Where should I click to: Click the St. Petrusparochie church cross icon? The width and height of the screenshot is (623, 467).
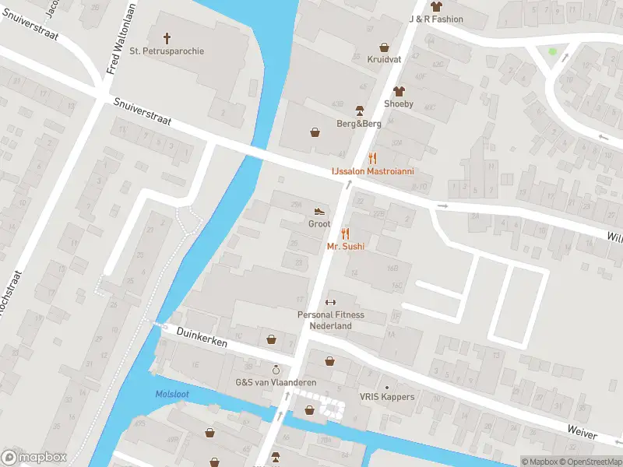point(167,37)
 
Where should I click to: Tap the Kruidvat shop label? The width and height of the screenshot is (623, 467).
point(383,58)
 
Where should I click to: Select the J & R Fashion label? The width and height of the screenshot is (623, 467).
point(436,19)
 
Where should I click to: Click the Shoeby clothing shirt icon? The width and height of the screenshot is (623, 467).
point(399,91)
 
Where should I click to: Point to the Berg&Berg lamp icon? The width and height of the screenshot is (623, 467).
point(359,111)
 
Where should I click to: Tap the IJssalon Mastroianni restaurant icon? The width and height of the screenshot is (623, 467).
point(373,157)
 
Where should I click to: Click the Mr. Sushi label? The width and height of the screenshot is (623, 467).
point(346,246)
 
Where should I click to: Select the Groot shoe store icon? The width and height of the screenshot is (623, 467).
point(319,211)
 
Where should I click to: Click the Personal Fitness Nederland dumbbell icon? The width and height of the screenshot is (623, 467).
point(330,303)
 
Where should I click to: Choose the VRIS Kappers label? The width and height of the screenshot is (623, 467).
point(387,397)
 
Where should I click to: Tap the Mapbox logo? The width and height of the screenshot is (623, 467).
point(34,458)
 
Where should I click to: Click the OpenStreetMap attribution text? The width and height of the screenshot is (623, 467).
point(593,462)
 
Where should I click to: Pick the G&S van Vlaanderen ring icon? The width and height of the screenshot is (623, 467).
point(276,369)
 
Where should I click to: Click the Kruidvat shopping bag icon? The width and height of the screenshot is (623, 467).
point(383,46)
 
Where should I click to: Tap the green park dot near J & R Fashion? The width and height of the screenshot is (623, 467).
point(553,52)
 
